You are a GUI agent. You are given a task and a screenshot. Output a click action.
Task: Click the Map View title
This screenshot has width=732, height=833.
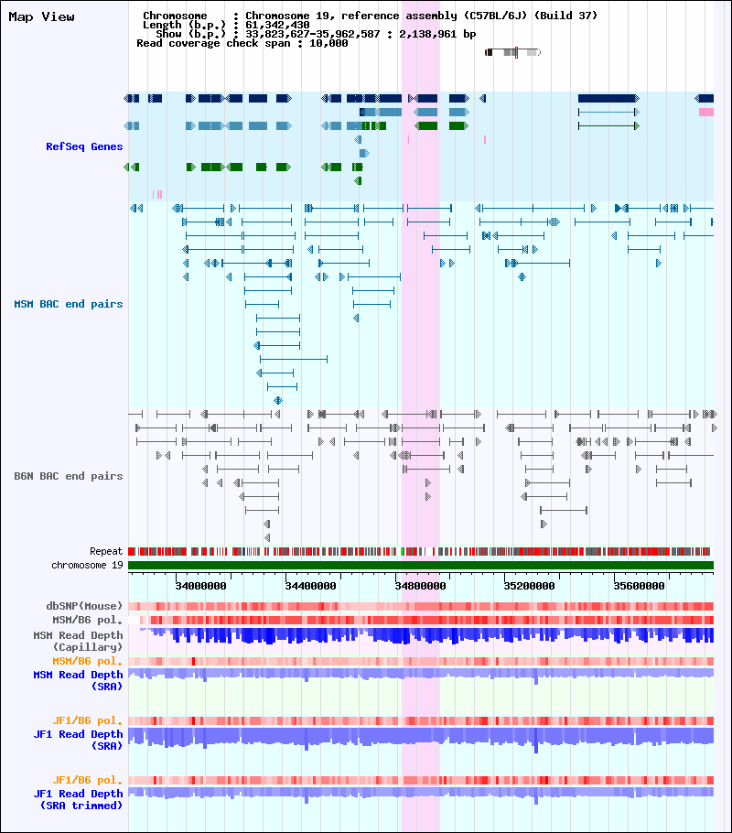(x=41, y=17)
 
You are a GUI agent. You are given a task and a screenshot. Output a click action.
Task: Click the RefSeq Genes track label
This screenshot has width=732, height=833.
(x=84, y=146)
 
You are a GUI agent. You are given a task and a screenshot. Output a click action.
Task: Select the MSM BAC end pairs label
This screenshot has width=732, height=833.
(x=69, y=304)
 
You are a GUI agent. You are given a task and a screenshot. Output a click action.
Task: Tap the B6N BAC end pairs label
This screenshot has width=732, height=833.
(x=69, y=476)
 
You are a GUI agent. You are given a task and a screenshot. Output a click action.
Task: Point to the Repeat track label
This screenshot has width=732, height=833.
(x=106, y=551)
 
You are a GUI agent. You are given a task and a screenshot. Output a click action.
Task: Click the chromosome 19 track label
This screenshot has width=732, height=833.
(x=87, y=566)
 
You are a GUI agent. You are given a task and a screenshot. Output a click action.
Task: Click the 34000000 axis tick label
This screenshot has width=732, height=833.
(x=200, y=586)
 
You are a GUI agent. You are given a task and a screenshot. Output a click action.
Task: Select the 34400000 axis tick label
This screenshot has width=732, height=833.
(x=311, y=586)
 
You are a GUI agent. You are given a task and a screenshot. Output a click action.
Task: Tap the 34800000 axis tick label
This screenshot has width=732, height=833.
(x=420, y=586)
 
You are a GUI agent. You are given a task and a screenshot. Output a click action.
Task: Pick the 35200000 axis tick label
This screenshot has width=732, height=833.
(x=530, y=586)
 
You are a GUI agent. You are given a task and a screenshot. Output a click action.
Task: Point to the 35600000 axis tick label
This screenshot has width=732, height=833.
(x=639, y=586)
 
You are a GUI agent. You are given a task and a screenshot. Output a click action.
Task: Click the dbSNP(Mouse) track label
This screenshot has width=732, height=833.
(x=84, y=606)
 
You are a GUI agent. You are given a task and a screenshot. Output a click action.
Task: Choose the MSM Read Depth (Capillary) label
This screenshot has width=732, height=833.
(x=78, y=641)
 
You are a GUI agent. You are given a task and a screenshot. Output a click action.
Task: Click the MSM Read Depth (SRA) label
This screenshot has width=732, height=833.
(x=78, y=680)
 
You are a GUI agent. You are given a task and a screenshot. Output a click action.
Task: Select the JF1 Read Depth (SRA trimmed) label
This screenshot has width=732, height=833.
(x=78, y=799)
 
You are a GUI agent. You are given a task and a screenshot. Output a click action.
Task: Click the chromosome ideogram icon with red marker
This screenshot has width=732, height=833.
(x=513, y=52)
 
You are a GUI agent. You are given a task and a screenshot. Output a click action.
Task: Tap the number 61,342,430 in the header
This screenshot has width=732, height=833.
(x=277, y=25)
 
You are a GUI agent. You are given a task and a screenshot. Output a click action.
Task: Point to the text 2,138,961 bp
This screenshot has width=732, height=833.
(x=437, y=34)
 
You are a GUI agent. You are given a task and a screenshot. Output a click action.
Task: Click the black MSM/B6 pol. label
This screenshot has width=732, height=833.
(x=88, y=620)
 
